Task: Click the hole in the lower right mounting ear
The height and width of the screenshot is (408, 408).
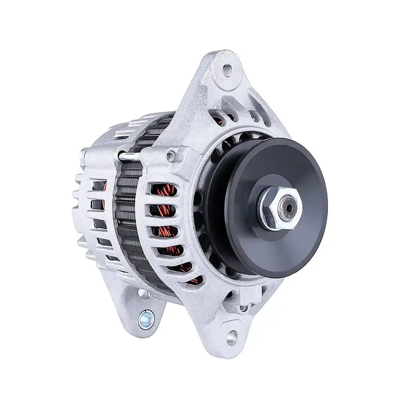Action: pos(233,335)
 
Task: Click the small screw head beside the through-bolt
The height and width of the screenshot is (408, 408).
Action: pos(169,151)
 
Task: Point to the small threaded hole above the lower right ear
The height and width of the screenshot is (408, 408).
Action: pos(243,308)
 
